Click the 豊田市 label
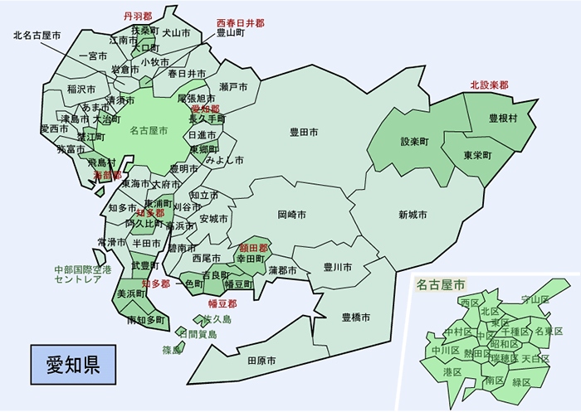tap(306, 132)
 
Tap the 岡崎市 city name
tap(291, 215)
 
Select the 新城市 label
tap(413, 215)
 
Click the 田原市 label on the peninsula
tap(262, 361)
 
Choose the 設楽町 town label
tap(415, 142)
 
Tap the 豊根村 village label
tap(503, 119)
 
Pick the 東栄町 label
tap(477, 156)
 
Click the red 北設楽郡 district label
tap(489, 85)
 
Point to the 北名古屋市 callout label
tap(38, 36)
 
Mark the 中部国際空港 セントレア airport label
tap(77, 275)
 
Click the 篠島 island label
tap(172, 350)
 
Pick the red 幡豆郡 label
tap(223, 303)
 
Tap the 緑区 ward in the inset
tap(521, 382)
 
